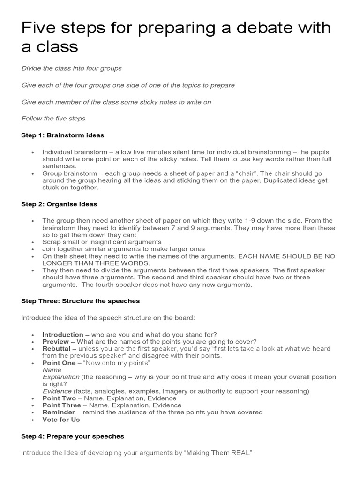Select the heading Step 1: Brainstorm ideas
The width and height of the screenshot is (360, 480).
click(63, 135)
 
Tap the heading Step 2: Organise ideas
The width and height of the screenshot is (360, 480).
click(59, 204)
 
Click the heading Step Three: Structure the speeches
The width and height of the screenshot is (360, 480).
click(81, 301)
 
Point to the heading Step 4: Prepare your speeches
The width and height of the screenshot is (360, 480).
click(73, 436)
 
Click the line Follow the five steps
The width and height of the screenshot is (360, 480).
click(53, 118)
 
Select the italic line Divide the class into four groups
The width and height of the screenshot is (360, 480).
click(71, 68)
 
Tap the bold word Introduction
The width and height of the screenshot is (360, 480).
click(63, 334)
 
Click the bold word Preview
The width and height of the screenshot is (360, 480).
click(55, 341)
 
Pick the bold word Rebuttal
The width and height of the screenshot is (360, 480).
click(56, 348)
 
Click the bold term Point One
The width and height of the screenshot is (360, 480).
click(59, 363)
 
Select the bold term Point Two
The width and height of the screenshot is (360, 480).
click(59, 398)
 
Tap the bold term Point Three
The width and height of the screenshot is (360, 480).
click(61, 405)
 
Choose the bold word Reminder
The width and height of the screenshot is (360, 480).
click(59, 412)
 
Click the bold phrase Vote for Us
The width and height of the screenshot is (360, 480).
click(61, 419)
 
